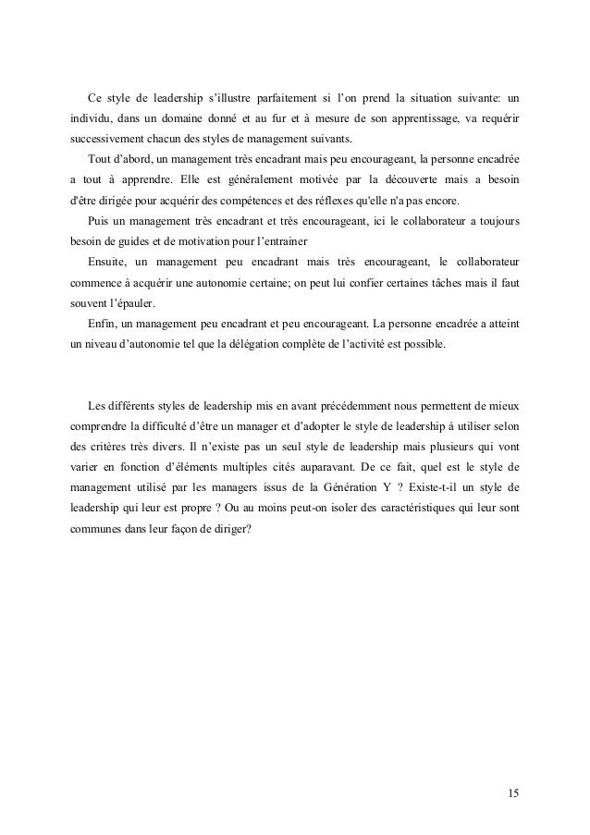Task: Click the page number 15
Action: click(514, 793)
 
